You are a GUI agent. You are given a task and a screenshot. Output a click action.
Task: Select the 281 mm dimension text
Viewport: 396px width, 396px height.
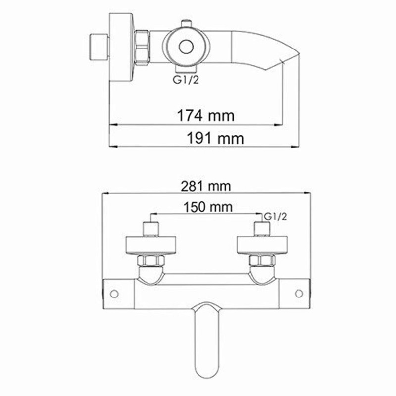(206, 187)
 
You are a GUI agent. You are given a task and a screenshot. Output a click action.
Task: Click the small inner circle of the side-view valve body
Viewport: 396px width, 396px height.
(186, 47)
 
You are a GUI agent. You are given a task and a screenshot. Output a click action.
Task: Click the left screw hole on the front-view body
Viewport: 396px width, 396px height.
(114, 294)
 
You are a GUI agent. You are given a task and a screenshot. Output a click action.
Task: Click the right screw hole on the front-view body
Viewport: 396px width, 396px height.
(299, 294)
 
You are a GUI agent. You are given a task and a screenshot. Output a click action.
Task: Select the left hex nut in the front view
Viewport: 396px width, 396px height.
(149, 262)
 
